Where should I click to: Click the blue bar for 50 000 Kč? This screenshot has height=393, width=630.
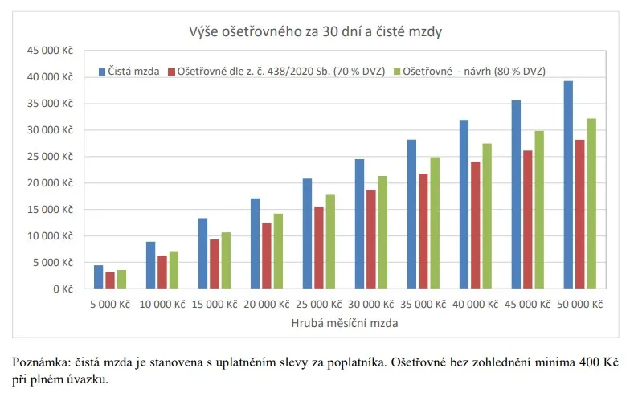click(568, 185)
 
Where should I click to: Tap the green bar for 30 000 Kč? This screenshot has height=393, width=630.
click(382, 232)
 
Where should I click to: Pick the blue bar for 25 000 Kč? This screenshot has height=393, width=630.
click(307, 233)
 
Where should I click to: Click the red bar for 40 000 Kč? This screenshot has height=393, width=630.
click(476, 225)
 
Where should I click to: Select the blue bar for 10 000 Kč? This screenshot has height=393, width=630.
click(150, 265)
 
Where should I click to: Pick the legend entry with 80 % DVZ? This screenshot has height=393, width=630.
click(474, 71)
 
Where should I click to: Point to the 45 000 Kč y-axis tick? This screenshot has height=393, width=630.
click(51, 51)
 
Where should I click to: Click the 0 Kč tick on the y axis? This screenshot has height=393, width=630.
click(61, 289)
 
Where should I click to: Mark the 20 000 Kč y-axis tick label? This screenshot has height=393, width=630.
click(51, 182)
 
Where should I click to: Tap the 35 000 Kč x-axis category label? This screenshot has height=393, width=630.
click(423, 305)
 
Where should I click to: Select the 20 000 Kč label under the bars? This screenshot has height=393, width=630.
click(266, 305)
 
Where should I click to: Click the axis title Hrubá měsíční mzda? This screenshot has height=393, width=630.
click(343, 322)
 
